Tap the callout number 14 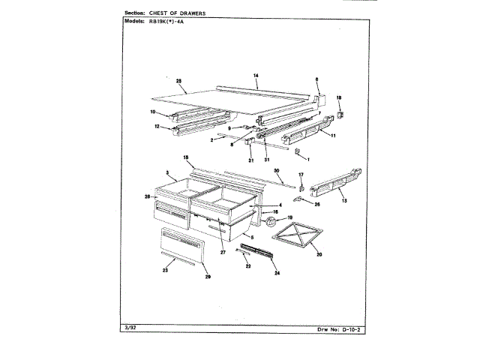tap(256, 76)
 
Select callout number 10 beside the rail tap(153, 112)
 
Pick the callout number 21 tap(251, 160)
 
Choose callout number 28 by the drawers tap(148, 196)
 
